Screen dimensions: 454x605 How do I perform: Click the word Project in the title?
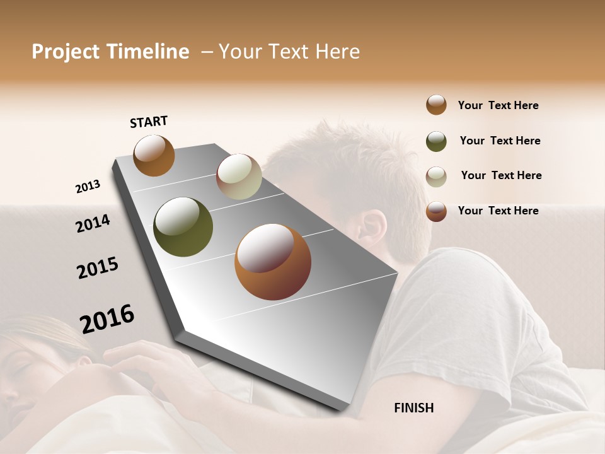[x=64, y=52]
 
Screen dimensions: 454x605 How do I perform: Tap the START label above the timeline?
[x=149, y=122]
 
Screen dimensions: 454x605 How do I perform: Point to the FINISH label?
[x=413, y=408]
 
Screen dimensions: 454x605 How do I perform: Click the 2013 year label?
[x=88, y=186]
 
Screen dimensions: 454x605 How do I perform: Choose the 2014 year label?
[x=93, y=223]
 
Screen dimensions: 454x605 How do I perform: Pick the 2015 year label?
[x=98, y=268]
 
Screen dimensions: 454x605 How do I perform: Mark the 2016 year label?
[x=107, y=318]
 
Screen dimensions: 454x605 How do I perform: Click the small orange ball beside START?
[x=154, y=155]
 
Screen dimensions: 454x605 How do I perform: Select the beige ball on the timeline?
[x=239, y=177]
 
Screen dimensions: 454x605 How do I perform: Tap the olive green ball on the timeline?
[x=183, y=227]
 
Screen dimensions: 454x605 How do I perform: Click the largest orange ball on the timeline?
[x=273, y=262]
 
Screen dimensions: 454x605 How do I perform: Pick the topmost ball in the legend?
[x=436, y=105]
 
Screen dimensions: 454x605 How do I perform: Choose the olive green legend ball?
[x=436, y=141]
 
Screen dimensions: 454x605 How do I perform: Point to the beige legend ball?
[x=436, y=177]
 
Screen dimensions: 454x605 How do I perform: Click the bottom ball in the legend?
[x=436, y=211]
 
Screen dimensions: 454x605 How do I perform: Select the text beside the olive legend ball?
[x=500, y=141]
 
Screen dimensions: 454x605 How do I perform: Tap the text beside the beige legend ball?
[x=501, y=175]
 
